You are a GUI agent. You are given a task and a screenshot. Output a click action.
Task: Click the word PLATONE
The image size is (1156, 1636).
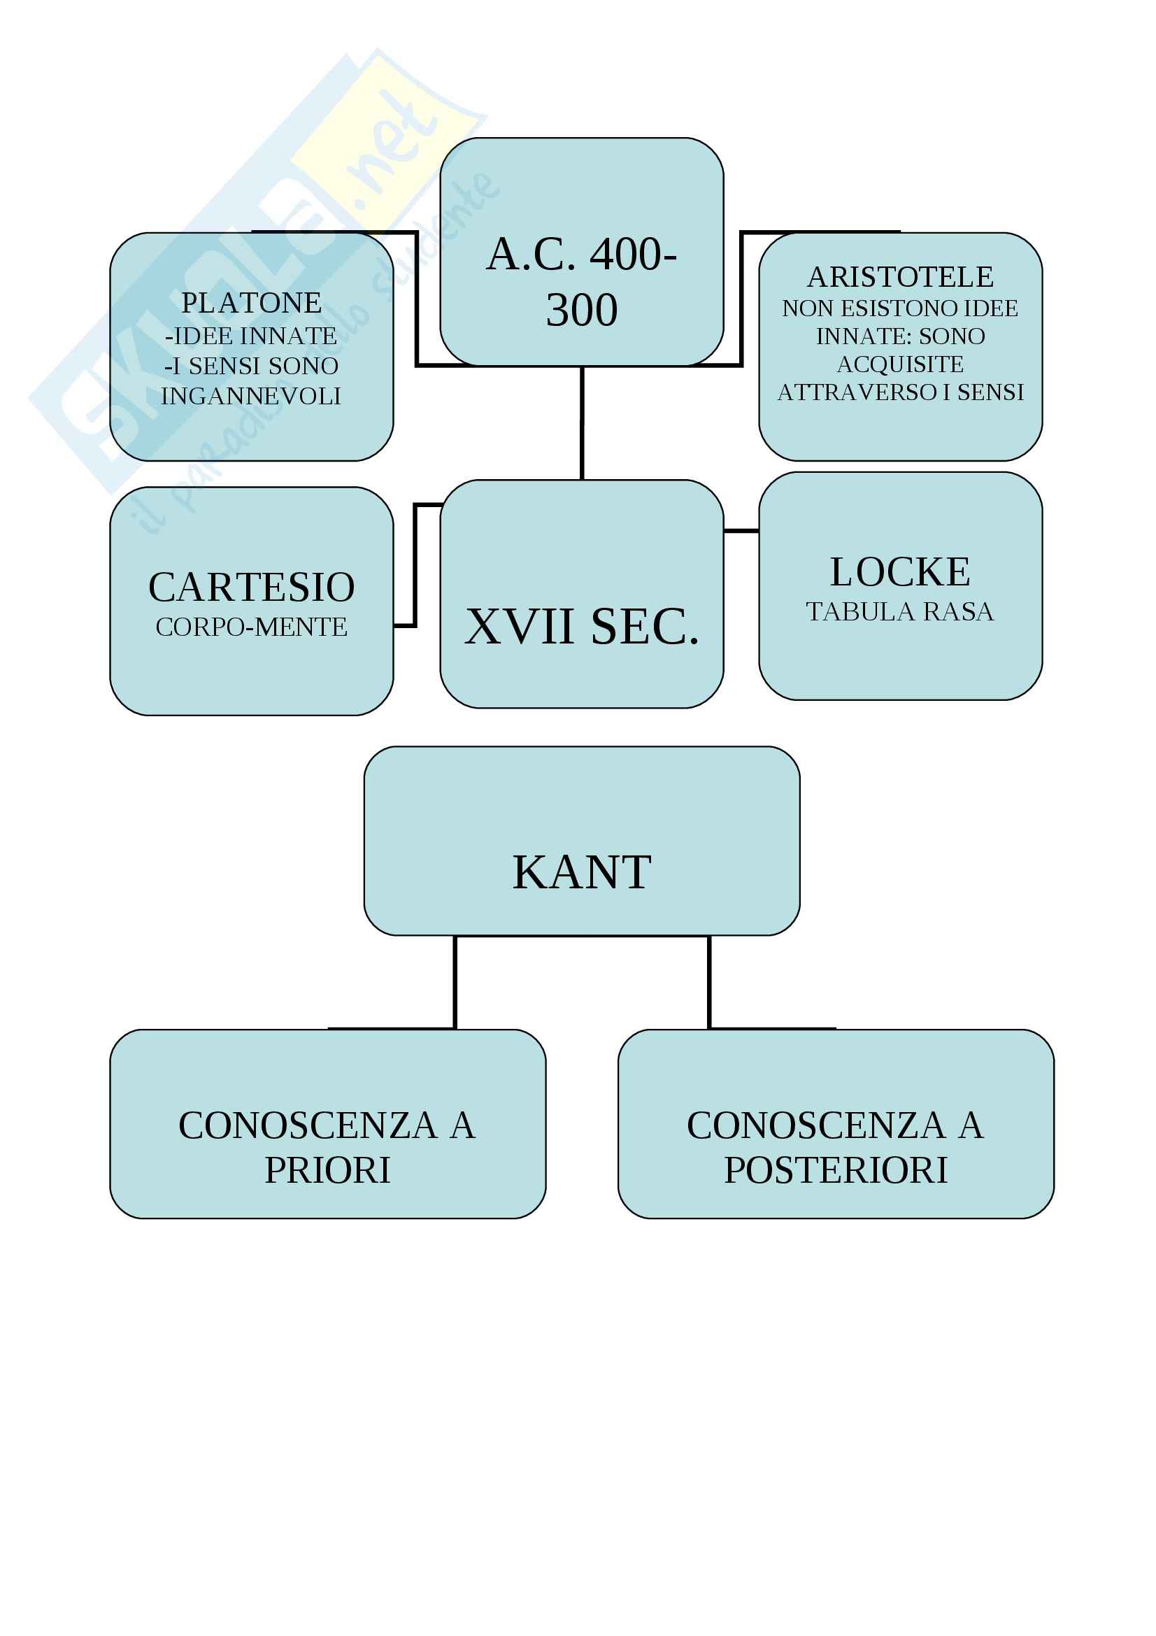[x=252, y=303]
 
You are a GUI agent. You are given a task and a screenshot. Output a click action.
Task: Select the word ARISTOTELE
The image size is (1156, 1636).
[x=900, y=276]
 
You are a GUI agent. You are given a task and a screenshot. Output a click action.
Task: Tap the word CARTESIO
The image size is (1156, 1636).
[x=252, y=587]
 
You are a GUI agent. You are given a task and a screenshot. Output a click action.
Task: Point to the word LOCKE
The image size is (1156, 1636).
[x=900, y=571]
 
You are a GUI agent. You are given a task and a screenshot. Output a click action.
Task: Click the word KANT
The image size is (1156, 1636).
[x=581, y=872]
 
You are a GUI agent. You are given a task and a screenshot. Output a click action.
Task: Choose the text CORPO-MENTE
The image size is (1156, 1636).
[x=252, y=627]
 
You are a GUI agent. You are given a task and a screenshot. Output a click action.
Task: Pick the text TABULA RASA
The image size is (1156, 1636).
[x=899, y=611]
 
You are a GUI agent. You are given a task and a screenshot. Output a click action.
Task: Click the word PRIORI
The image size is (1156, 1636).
[x=328, y=1170]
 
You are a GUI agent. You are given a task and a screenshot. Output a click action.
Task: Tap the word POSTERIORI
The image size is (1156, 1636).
[x=836, y=1170]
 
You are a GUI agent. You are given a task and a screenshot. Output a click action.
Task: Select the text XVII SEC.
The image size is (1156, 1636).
[x=581, y=627]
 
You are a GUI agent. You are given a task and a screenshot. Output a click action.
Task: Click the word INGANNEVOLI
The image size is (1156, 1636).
[x=252, y=396]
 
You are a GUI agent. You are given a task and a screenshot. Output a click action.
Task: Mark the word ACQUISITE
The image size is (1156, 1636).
[x=900, y=364]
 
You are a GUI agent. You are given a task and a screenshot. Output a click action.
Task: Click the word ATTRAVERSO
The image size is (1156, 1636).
[x=857, y=392]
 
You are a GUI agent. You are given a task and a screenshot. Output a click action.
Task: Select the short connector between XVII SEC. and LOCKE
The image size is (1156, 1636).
[x=741, y=531]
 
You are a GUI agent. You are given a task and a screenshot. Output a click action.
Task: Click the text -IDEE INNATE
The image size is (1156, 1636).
[x=251, y=336]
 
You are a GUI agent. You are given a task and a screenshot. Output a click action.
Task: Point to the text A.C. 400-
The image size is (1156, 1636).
[x=581, y=255]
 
